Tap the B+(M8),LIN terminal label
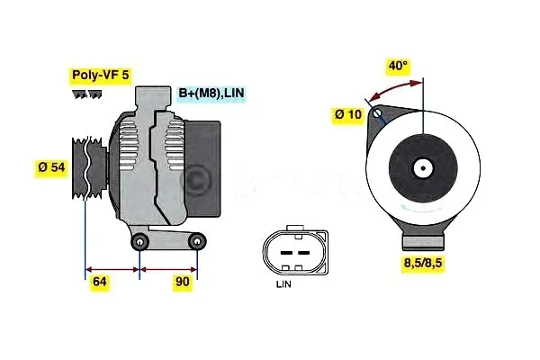[210, 92]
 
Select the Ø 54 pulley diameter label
[52, 168]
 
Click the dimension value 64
[101, 282]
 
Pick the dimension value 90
[182, 282]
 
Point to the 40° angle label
[398, 66]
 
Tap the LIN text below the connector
[284, 285]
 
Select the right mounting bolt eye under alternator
[196, 241]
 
